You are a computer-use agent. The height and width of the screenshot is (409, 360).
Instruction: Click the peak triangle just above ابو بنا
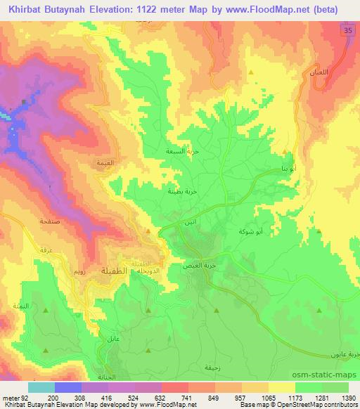coord(285,152)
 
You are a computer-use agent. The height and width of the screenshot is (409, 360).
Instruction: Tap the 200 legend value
coord(54,398)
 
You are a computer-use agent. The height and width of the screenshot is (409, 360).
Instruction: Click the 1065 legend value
coord(265,398)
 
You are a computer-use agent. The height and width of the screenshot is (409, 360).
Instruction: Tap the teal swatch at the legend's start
coord(41,387)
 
